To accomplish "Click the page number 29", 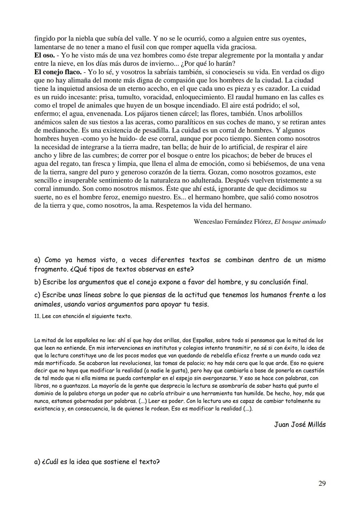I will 322,483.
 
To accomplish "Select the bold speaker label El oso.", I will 44,55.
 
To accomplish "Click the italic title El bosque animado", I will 300,222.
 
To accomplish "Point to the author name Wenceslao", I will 209,222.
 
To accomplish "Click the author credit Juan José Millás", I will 300,424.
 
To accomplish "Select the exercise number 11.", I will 37,316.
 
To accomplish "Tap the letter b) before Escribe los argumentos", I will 37,282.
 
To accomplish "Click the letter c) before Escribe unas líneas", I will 37,295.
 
